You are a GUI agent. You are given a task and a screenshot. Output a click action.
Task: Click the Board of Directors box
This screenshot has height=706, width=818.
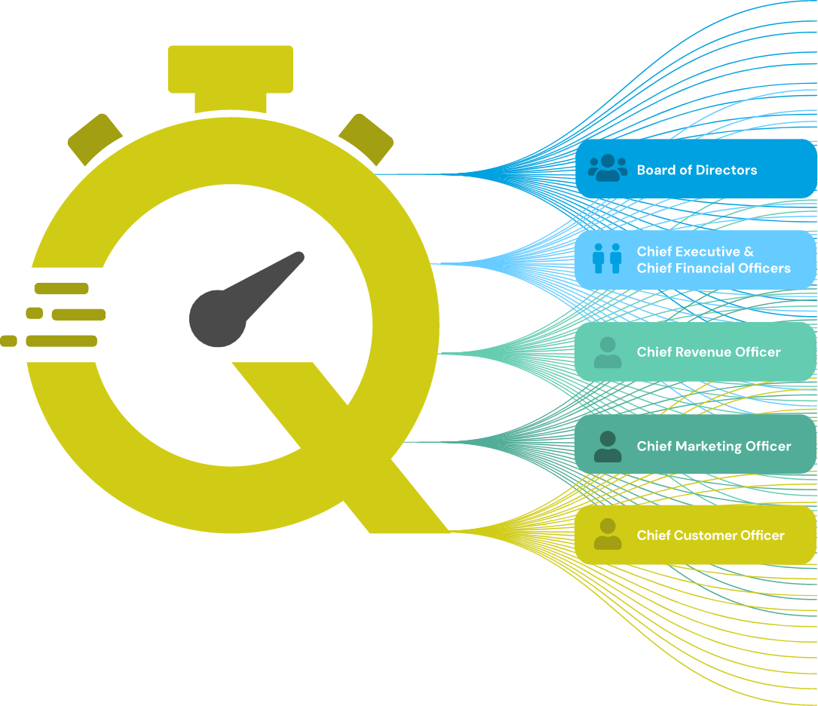pyautogui.click(x=695, y=169)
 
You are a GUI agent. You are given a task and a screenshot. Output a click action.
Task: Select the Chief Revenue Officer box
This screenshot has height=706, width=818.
pyautogui.click(x=695, y=351)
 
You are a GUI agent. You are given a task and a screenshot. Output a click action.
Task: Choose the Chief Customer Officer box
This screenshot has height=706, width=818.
pyautogui.click(x=695, y=535)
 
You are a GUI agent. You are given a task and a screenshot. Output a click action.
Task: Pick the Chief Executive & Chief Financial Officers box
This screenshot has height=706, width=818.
pyautogui.click(x=695, y=260)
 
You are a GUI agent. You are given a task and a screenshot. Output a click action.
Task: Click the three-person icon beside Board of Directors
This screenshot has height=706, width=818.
pyautogui.click(x=608, y=168)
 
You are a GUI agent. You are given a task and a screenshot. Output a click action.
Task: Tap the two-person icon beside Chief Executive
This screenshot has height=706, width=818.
pyautogui.click(x=607, y=258)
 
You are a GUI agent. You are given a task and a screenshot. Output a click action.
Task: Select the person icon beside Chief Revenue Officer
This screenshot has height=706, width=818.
pyautogui.click(x=608, y=352)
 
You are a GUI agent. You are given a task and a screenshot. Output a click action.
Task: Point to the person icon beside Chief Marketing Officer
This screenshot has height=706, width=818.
pyautogui.click(x=608, y=446)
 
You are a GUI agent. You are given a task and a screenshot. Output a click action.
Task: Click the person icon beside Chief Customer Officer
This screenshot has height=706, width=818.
pyautogui.click(x=608, y=534)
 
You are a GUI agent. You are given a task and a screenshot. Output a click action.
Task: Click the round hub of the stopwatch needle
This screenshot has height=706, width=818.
pyautogui.click(x=218, y=318)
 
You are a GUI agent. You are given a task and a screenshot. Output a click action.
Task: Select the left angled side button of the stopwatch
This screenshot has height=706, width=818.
pyautogui.click(x=95, y=140)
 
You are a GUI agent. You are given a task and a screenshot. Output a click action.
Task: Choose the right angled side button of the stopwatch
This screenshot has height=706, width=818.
pyautogui.click(x=366, y=140)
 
